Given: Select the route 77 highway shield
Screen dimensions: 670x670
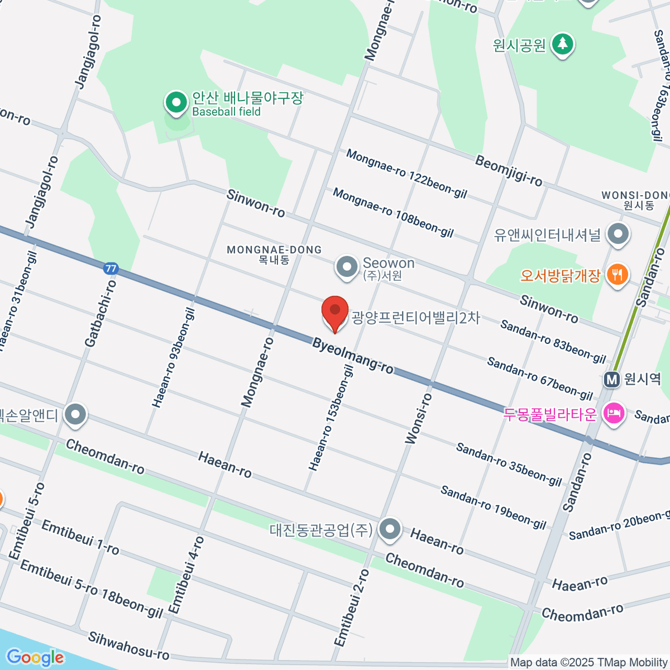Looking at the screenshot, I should click(x=111, y=269).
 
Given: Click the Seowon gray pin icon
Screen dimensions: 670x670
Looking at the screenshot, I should click(x=347, y=266).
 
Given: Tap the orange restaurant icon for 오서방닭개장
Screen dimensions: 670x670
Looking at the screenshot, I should click(x=617, y=275).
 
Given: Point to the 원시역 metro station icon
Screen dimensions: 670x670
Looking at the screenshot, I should click(x=612, y=380).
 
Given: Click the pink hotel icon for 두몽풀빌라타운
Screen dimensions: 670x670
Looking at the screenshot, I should click(x=614, y=414).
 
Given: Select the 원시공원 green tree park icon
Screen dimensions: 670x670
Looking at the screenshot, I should click(x=563, y=44).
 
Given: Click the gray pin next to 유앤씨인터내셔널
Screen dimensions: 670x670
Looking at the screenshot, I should click(x=618, y=234).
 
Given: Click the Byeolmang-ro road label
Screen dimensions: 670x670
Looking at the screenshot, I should click(x=353, y=356).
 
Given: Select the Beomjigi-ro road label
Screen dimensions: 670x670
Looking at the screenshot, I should click(x=508, y=170).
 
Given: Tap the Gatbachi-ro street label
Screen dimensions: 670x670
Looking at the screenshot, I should click(x=101, y=313).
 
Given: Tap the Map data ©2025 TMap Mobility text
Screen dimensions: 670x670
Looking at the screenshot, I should click(x=589, y=663).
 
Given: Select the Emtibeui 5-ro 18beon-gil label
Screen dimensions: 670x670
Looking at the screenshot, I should click(x=91, y=590).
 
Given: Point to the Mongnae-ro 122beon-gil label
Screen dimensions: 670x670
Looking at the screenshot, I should click(x=406, y=174).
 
